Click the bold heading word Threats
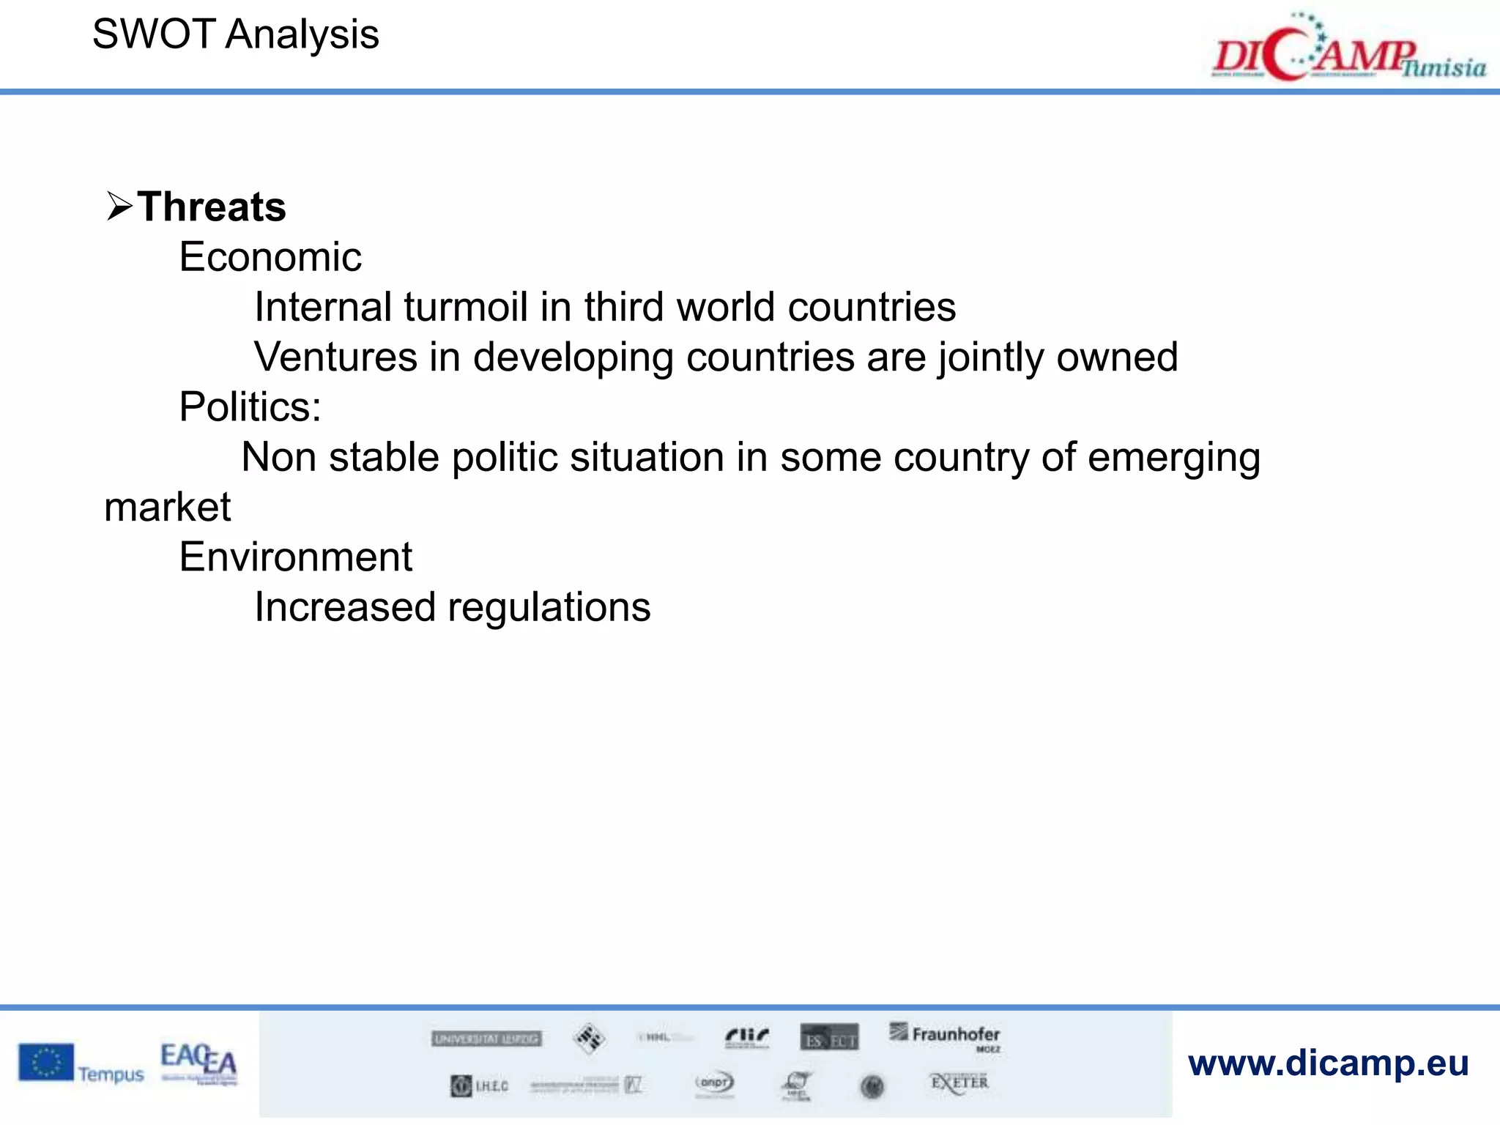coord(212,207)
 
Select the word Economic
coord(270,257)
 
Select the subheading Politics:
coord(250,407)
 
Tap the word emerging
coord(1173,459)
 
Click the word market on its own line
coord(168,507)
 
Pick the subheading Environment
coord(296,557)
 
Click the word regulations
coord(549,608)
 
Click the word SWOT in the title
coord(153,34)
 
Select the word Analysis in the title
coord(302,35)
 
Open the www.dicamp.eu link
coord(1328,1063)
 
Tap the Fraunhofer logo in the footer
coord(946,1036)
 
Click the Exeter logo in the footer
coord(959,1083)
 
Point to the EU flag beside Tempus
coord(46,1062)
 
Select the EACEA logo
coord(198,1062)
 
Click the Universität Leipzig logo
coord(486,1039)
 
